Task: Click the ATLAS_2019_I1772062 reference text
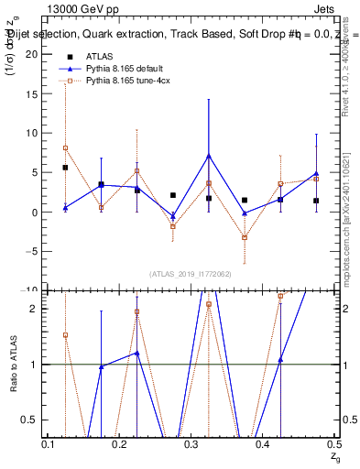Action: (x=191, y=273)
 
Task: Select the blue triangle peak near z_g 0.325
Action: (x=209, y=155)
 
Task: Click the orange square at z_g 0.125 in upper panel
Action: (x=65, y=147)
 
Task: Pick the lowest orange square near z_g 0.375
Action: (x=245, y=237)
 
